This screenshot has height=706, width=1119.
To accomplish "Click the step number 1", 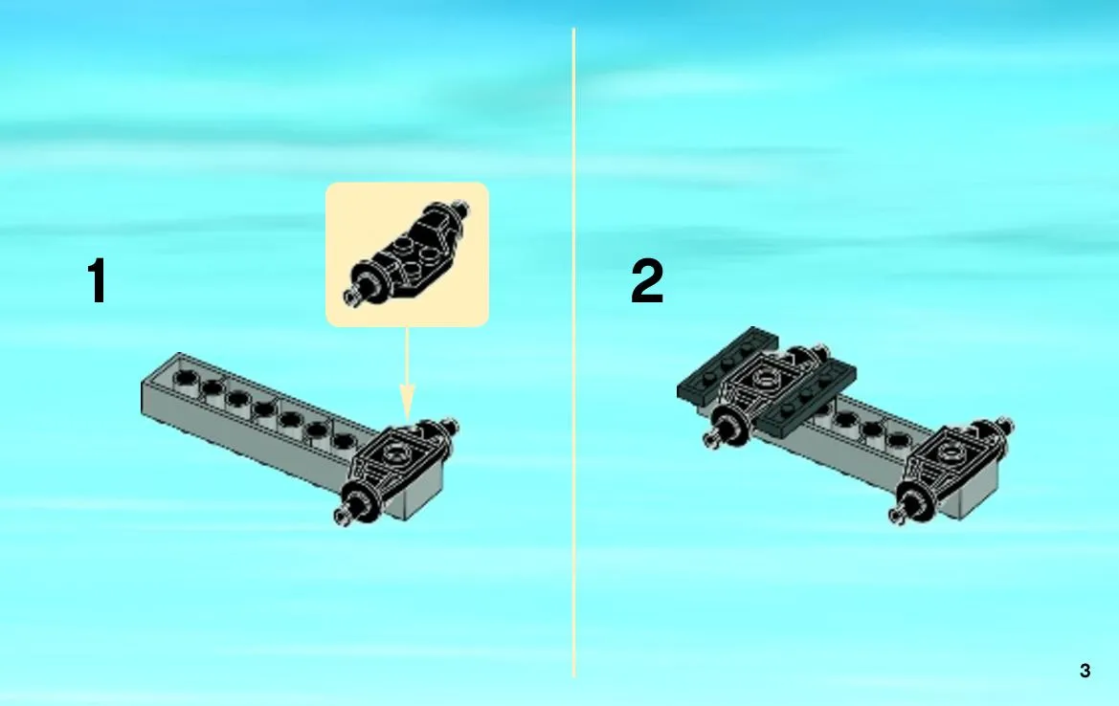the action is pyautogui.click(x=97, y=280).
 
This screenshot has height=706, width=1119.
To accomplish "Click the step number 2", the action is pyautogui.click(x=647, y=281).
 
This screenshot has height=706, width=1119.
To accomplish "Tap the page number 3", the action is pyautogui.click(x=1085, y=671).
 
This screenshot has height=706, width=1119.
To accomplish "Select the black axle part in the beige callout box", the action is pyautogui.click(x=408, y=254).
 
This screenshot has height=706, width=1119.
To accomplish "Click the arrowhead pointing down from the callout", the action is pyautogui.click(x=407, y=403).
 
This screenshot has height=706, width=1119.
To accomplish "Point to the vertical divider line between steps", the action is pyautogui.click(x=573, y=353).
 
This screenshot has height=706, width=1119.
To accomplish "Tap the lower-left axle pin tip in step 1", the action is pyautogui.click(x=342, y=518).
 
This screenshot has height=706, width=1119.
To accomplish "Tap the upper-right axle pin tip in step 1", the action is pyautogui.click(x=453, y=427).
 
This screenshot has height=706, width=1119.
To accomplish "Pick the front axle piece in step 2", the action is pyautogui.click(x=951, y=471).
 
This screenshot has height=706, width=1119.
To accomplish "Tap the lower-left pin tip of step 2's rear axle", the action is pyautogui.click(x=711, y=440).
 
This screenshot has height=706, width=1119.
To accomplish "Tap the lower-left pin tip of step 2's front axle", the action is pyautogui.click(x=895, y=518).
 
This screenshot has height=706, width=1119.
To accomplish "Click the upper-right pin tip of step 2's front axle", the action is pyautogui.click(x=1007, y=426).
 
